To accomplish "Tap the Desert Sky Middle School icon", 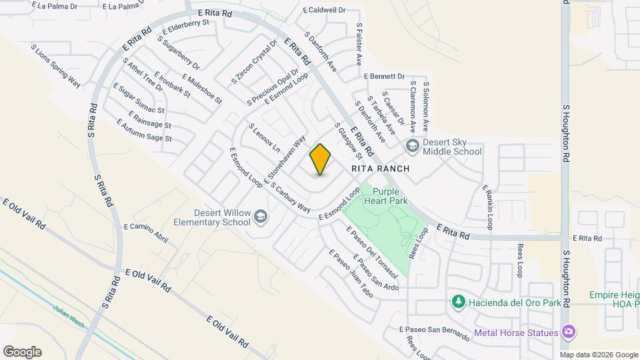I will (x=411, y=146).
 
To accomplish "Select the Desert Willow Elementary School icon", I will (x=260, y=217).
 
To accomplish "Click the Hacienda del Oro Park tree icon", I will (x=458, y=302).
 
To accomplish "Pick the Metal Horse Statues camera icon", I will (x=568, y=332).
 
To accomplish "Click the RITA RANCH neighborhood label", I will (x=380, y=169).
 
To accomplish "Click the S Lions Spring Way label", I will (x=56, y=67).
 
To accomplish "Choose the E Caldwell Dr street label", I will (x=324, y=10).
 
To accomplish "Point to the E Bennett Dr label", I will (x=384, y=76).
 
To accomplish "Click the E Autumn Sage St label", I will (x=144, y=131).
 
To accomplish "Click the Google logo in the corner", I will (x=22, y=352).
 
